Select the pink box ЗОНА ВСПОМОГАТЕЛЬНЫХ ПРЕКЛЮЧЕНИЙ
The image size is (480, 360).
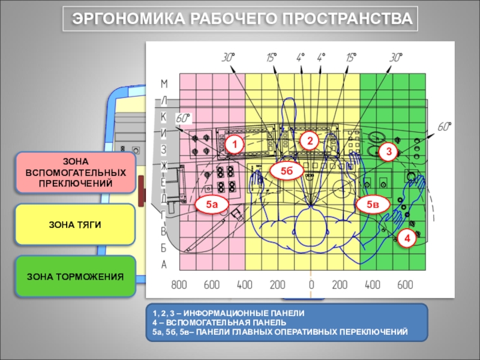pos(76,172)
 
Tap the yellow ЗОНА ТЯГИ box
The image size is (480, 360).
pos(76,224)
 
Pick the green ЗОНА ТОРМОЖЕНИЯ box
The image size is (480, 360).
pos(76,277)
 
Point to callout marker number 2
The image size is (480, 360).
pos(309,141)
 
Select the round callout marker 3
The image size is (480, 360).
pos(388,152)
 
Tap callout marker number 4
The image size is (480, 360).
pos(407,239)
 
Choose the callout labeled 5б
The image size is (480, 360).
pos(286,171)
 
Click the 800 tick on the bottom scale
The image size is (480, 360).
pos(179,284)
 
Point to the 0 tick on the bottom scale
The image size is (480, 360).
pos(311,284)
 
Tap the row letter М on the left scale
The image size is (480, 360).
pos(164,83)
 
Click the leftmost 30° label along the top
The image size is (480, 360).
pos(228,57)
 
